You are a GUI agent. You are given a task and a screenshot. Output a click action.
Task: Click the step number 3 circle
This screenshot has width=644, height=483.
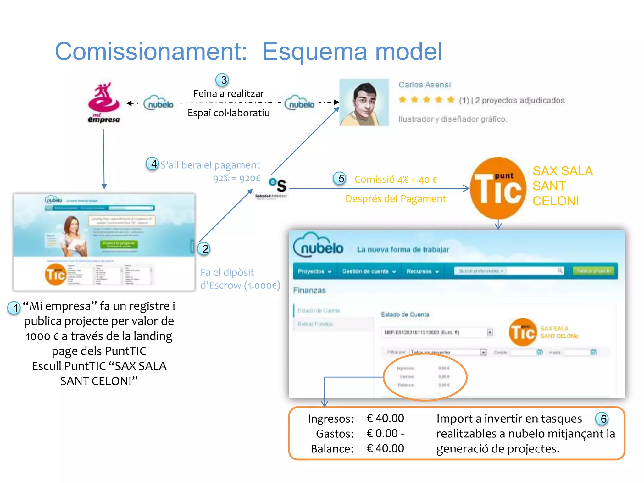(222, 80)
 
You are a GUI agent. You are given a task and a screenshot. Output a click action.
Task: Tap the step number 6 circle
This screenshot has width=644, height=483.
(602, 419)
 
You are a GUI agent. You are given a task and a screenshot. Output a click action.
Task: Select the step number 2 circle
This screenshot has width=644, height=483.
(204, 249)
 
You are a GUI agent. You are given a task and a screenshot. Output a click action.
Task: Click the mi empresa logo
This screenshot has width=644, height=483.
(104, 103)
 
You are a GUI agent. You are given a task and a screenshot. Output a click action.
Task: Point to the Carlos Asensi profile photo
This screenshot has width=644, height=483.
(364, 103)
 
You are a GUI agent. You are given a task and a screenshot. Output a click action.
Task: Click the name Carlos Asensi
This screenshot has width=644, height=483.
(425, 85)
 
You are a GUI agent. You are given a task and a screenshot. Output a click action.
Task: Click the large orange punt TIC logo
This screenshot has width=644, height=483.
(498, 188)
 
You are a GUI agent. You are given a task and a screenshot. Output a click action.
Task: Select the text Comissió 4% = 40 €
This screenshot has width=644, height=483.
(396, 180)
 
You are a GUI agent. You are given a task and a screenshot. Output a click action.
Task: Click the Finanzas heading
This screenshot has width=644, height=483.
(309, 290)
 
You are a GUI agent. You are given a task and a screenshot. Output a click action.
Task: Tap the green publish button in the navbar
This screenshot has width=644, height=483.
(594, 271)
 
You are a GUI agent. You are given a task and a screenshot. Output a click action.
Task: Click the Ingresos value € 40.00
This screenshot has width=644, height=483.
(385, 419)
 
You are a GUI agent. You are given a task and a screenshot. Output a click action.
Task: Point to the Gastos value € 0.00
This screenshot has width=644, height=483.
(382, 434)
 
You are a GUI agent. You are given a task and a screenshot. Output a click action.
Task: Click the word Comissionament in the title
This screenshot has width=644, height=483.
(151, 51)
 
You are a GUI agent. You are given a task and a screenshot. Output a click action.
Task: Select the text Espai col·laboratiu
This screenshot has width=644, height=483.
(229, 113)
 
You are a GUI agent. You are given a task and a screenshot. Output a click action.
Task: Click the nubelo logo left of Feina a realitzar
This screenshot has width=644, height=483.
(159, 103)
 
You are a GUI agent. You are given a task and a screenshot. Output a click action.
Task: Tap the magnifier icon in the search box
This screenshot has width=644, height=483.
(560, 271)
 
